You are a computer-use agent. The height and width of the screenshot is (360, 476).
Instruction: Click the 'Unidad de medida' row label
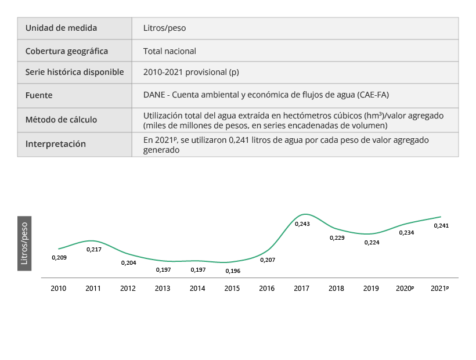61,28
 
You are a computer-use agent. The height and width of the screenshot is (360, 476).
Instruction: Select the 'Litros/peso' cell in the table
164,28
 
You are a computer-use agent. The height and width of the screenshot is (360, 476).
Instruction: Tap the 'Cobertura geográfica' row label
67,51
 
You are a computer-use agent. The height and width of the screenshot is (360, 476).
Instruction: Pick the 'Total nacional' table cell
170,51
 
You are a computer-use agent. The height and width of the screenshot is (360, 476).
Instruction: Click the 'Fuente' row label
39,95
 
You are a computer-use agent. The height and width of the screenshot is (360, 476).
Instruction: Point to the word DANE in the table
154,95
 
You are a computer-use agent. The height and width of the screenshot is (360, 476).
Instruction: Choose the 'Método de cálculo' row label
61,120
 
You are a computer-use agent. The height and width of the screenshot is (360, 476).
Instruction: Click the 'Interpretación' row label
56,144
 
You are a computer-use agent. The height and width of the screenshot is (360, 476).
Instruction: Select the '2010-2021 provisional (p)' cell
191,73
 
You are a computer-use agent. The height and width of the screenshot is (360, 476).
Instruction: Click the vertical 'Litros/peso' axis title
24,243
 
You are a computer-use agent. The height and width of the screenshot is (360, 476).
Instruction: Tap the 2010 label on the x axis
58,289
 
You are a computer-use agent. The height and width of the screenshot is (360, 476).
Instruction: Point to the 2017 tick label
302,289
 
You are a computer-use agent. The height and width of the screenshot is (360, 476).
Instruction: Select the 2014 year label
197,289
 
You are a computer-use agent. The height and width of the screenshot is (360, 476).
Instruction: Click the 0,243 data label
302,224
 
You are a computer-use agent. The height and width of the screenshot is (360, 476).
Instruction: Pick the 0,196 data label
232,271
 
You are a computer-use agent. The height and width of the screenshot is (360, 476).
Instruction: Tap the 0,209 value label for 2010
59,257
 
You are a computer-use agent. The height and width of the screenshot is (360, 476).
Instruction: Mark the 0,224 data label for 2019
372,243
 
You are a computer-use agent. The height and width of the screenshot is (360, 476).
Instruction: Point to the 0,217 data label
93,250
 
